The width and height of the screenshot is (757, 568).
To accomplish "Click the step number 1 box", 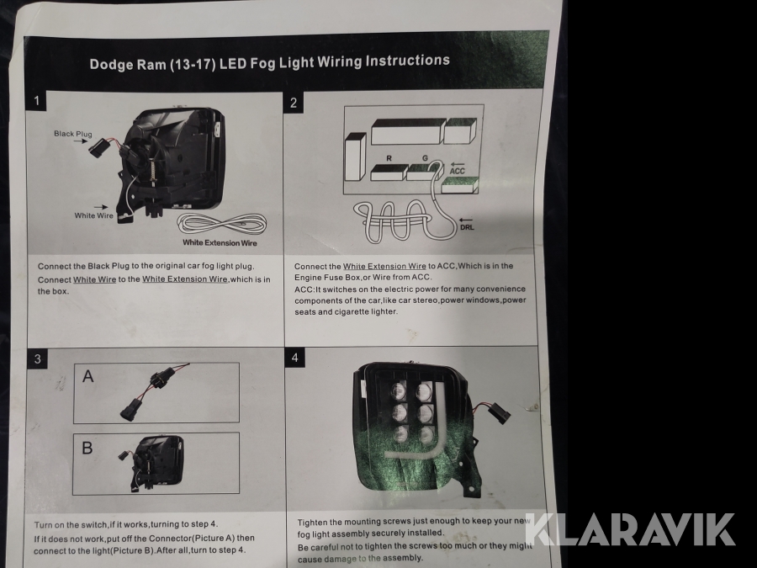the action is (37, 102).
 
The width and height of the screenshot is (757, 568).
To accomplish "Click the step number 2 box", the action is (294, 103).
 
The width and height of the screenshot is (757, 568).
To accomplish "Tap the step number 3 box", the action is (38, 358).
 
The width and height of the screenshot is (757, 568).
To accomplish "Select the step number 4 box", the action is (295, 358).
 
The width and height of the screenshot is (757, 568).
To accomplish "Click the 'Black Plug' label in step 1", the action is (73, 134).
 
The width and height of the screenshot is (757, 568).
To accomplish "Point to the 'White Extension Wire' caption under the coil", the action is (220, 242).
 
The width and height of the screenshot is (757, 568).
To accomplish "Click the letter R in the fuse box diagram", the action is (389, 158).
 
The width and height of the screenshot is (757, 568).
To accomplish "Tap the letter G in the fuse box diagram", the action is (425, 158).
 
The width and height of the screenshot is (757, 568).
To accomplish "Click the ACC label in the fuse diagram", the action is (458, 171).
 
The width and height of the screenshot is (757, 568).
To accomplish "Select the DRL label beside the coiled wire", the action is (467, 227).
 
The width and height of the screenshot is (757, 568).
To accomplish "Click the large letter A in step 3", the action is (87, 376).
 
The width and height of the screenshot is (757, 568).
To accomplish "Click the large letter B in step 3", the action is (87, 448).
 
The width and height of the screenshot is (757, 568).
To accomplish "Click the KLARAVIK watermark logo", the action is (630, 529).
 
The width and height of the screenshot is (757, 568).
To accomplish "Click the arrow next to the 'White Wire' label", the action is (102, 207).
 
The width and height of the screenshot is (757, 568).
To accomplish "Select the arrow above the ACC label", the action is (458, 164).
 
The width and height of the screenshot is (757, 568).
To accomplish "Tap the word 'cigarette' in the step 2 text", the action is (353, 311).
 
